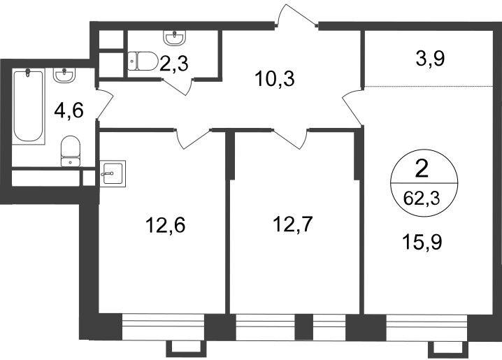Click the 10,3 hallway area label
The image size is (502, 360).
[x=274, y=79]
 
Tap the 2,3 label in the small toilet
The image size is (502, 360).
[x=174, y=64]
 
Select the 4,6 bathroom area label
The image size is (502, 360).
[x=69, y=111]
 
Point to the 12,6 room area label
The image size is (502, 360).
[x=165, y=225]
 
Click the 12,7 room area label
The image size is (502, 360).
[x=292, y=224]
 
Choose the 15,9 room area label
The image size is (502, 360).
[x=422, y=242]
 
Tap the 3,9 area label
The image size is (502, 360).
[x=430, y=59]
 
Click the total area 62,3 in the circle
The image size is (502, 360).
[x=422, y=199]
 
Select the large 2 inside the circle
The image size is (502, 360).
[x=422, y=169]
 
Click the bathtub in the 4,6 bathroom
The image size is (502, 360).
[x=28, y=107]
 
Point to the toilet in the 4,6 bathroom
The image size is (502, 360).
[x=70, y=151]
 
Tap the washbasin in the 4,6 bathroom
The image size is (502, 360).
[x=65, y=75]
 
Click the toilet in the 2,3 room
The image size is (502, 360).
[x=143, y=61]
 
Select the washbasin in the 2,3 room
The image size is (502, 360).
[x=175, y=38]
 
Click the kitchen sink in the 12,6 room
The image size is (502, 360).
[x=113, y=174]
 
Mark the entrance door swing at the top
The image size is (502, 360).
[x=296, y=15]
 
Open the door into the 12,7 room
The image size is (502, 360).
[x=289, y=138]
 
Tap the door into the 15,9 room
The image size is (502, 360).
[x=353, y=107]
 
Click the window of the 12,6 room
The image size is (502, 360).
[x=163, y=326]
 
